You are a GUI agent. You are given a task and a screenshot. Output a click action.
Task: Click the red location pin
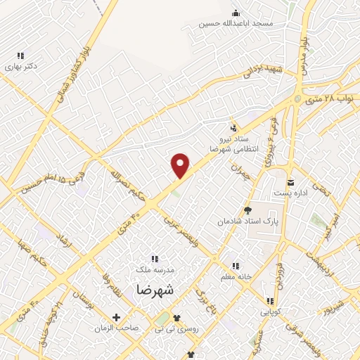(x=181, y=165)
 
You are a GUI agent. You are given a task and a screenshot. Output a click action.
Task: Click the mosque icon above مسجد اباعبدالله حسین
(x=235, y=12)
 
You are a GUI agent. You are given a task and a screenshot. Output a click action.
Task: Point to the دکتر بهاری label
(x=20, y=67)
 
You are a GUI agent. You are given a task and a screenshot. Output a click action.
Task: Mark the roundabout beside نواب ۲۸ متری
(x=299, y=99)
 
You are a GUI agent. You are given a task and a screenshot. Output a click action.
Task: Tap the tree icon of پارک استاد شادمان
(x=247, y=210)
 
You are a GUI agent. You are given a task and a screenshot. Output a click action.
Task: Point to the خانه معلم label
(x=237, y=276)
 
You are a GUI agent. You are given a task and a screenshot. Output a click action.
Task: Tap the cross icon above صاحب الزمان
(x=117, y=317)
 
